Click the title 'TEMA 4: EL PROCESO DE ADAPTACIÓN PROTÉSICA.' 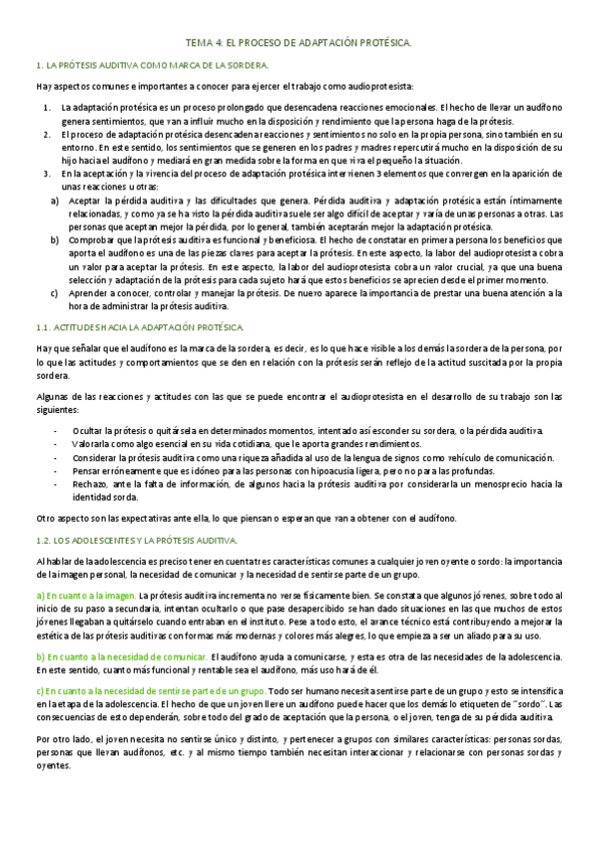pos(299,44)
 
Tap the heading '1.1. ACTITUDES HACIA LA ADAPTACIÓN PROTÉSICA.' pos(134,327)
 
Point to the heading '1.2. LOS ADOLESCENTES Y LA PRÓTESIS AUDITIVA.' pos(135,540)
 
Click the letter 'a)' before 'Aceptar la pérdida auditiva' pos(55,201)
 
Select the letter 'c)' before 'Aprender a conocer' pos(55,294)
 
